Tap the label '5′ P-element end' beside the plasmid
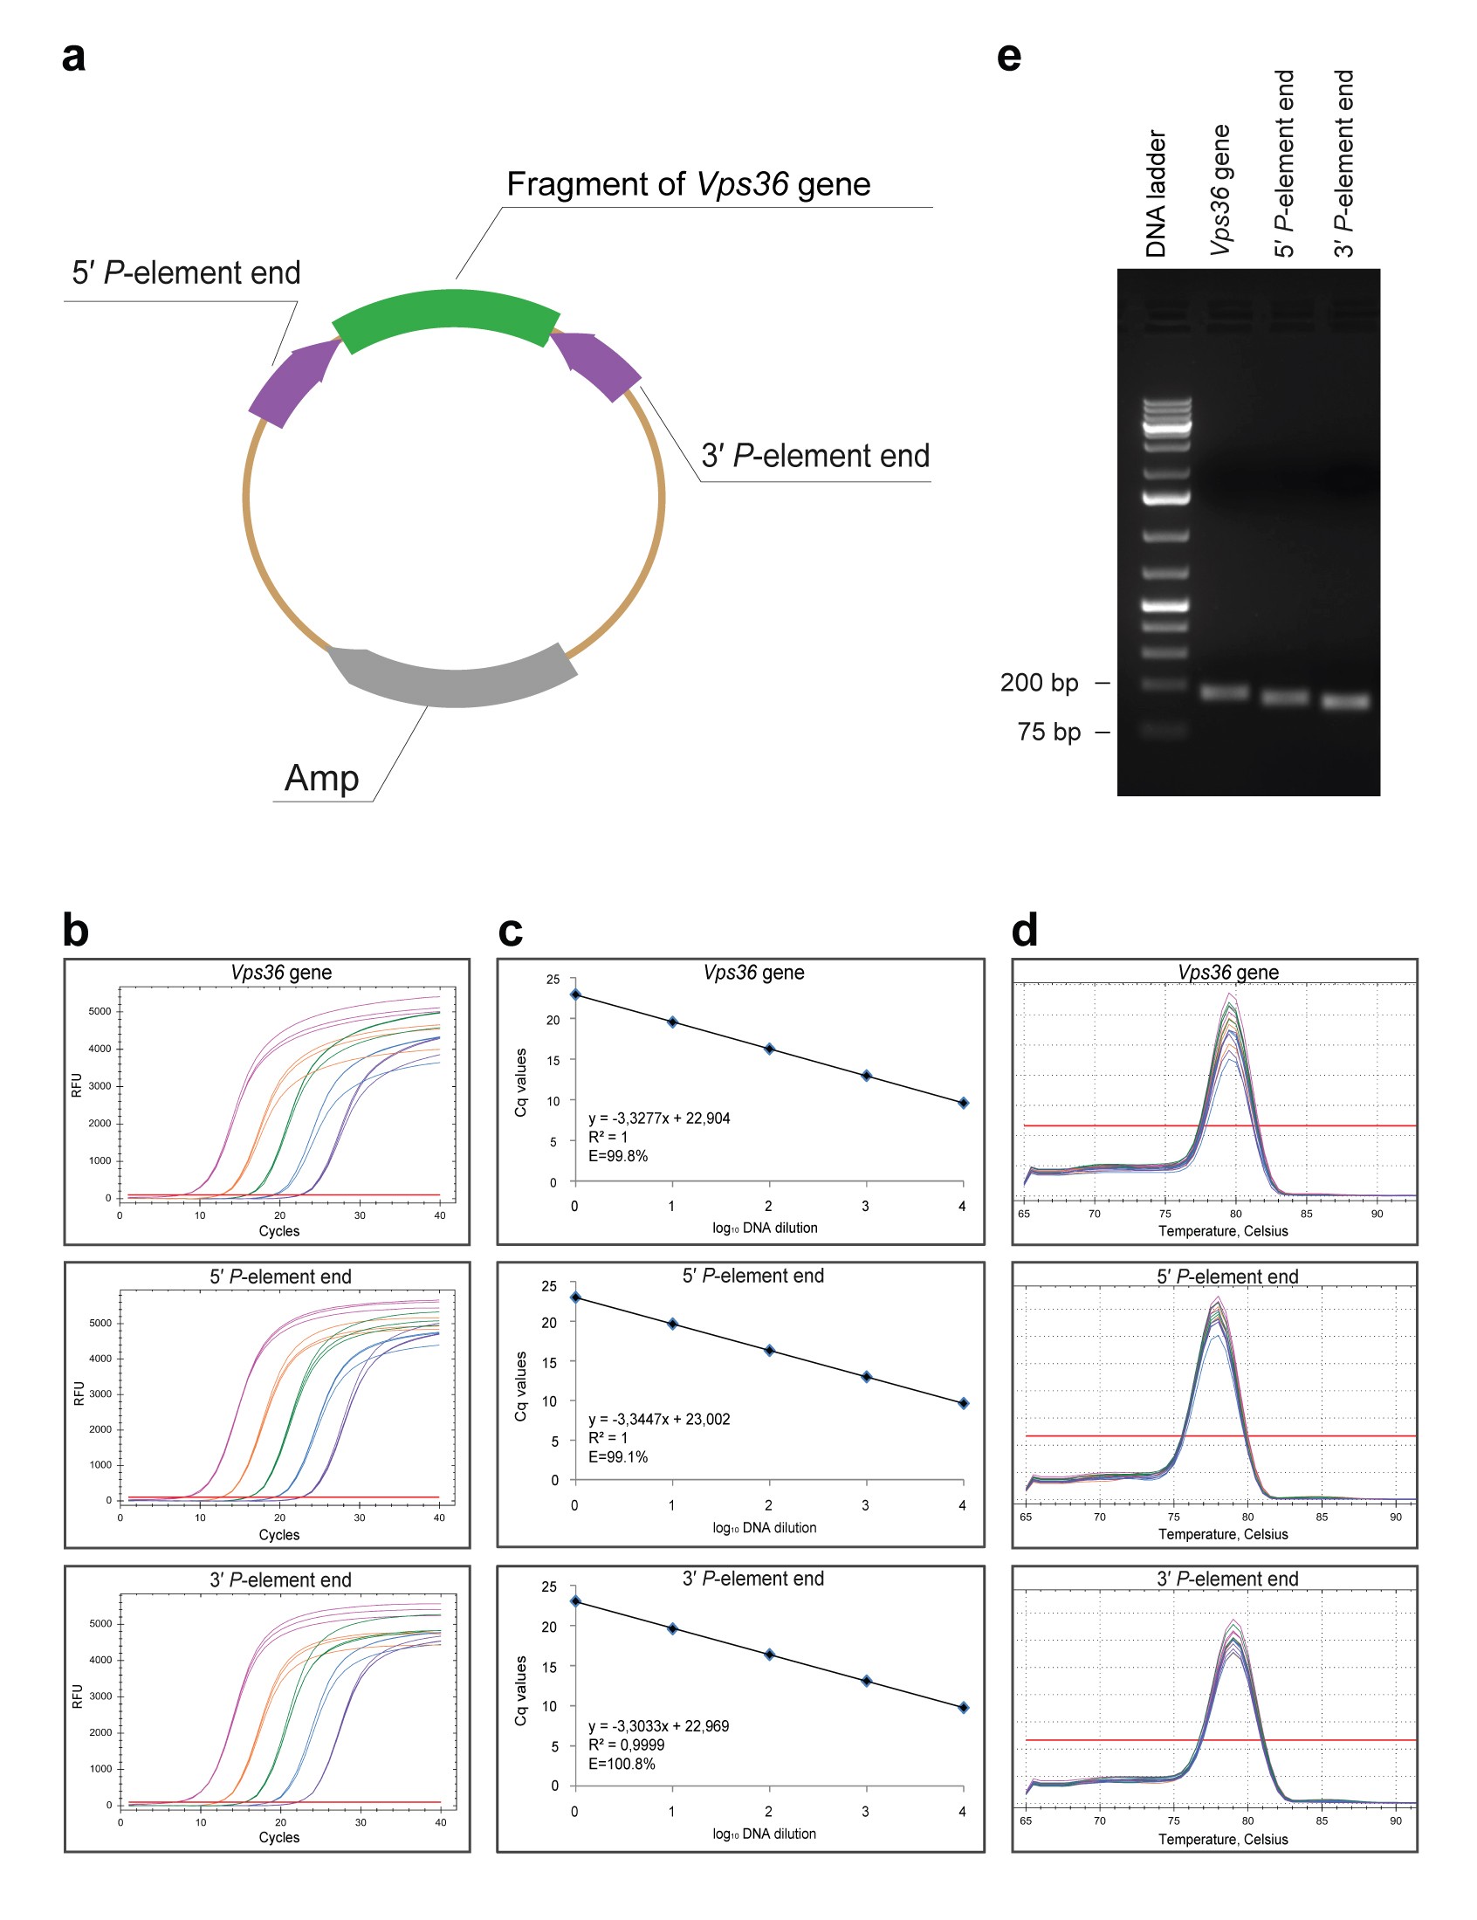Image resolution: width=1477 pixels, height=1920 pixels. (x=187, y=273)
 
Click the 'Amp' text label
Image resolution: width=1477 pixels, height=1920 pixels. (x=322, y=779)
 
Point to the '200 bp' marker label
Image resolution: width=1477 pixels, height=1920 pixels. (x=1039, y=683)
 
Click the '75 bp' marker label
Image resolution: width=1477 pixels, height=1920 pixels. (x=1049, y=733)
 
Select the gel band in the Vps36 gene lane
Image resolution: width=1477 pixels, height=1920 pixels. (x=1225, y=692)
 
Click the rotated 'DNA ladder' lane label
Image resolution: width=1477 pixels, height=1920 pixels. (x=1156, y=195)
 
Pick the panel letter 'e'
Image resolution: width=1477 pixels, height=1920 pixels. (x=1009, y=57)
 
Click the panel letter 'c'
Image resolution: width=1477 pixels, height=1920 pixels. (x=511, y=931)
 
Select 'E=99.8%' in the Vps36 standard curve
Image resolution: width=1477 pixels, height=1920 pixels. (x=618, y=1156)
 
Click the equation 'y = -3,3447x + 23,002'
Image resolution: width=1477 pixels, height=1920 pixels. (x=658, y=1419)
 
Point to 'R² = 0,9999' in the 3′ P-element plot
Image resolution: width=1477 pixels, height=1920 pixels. (x=626, y=1745)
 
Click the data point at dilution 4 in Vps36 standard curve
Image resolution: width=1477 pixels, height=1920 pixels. (x=964, y=1103)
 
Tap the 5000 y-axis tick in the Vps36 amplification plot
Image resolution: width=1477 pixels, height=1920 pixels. (x=100, y=1011)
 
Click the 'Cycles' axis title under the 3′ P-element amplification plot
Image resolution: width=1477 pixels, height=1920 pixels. (x=278, y=1837)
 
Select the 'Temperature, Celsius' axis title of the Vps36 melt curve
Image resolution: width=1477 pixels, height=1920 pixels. (x=1223, y=1231)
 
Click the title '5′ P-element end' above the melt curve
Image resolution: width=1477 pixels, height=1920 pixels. (x=1226, y=1277)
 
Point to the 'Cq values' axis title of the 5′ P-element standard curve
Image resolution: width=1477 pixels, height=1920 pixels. (x=521, y=1387)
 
